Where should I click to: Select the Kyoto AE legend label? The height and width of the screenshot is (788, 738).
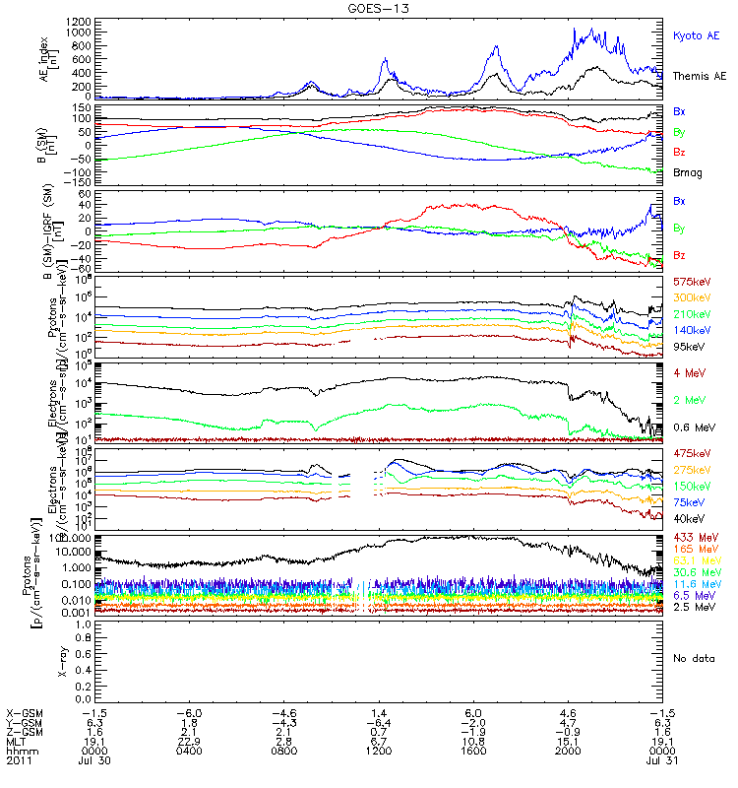click(696, 36)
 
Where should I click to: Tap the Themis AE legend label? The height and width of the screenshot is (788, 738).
click(699, 76)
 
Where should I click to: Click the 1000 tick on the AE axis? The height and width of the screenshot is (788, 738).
click(52, 33)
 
